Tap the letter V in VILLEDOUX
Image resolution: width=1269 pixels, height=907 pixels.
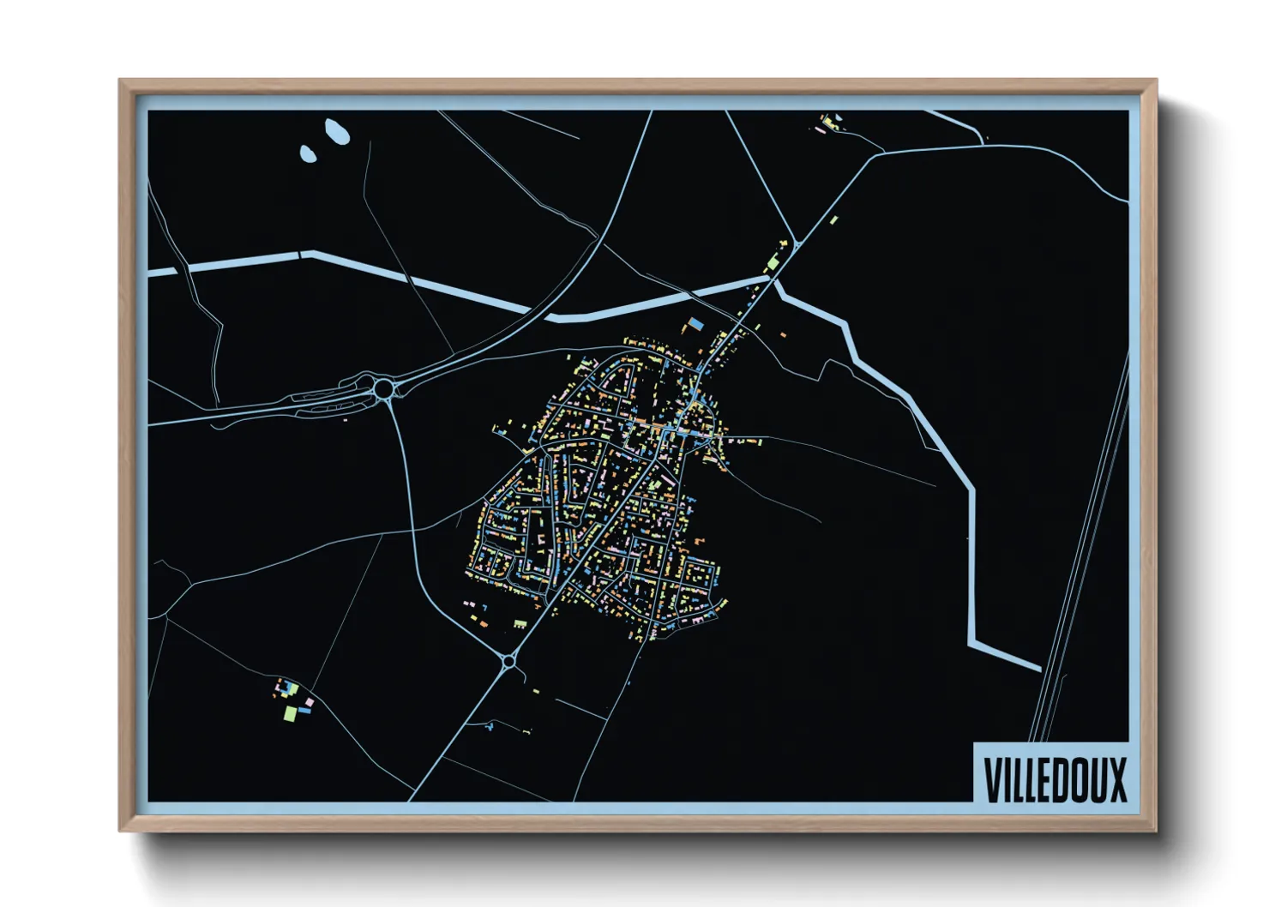point(992,779)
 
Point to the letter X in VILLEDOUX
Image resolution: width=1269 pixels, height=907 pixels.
point(1117,779)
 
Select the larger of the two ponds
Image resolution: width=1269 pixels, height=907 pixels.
point(334,131)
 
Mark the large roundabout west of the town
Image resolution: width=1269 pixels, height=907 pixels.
point(383,389)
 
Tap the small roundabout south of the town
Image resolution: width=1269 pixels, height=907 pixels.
point(508,661)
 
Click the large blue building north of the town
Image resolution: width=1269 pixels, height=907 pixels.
point(695,324)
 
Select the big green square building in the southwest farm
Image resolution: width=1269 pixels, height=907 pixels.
point(291,712)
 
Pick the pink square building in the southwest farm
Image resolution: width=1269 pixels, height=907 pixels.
point(310,703)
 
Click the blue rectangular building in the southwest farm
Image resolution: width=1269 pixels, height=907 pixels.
point(304,711)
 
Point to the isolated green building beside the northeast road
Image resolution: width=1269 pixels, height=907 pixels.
point(833,220)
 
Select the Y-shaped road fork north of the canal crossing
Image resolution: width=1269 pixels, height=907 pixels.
point(795,243)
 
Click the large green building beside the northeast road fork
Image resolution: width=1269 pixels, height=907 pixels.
point(772,261)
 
